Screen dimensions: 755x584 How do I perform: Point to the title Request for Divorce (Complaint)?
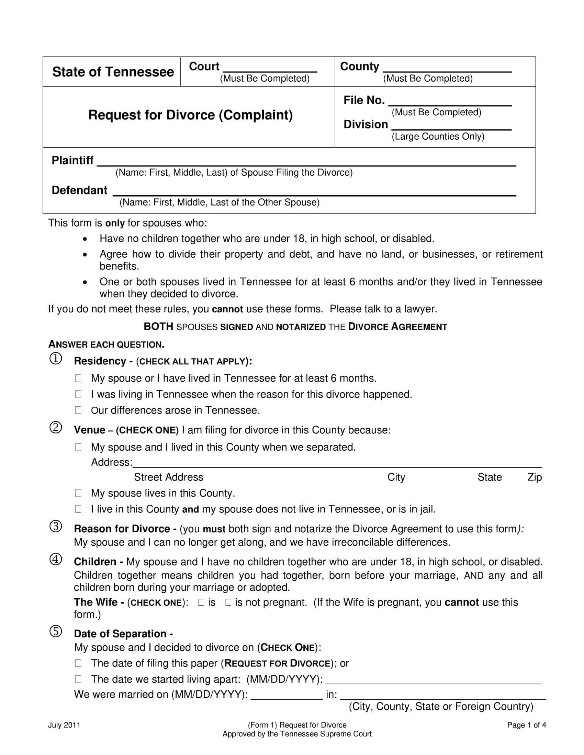click(x=190, y=115)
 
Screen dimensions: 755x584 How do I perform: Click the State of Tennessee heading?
click(x=113, y=72)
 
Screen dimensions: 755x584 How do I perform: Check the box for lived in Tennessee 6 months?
click(x=78, y=378)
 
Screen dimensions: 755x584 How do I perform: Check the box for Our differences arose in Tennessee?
click(x=78, y=410)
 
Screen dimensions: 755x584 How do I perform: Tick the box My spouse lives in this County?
click(x=78, y=493)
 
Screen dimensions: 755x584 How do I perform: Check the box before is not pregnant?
click(x=228, y=603)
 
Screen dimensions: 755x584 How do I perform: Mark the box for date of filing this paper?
click(x=78, y=663)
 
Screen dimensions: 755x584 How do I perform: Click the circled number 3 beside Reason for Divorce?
click(x=56, y=526)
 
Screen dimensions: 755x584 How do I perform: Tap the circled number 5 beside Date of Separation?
click(x=56, y=631)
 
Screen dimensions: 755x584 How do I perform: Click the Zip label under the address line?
click(x=534, y=477)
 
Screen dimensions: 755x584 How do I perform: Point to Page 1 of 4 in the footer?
click(x=526, y=725)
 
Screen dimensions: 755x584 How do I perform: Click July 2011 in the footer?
click(x=64, y=725)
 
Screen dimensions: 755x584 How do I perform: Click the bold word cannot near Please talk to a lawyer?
click(x=227, y=309)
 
